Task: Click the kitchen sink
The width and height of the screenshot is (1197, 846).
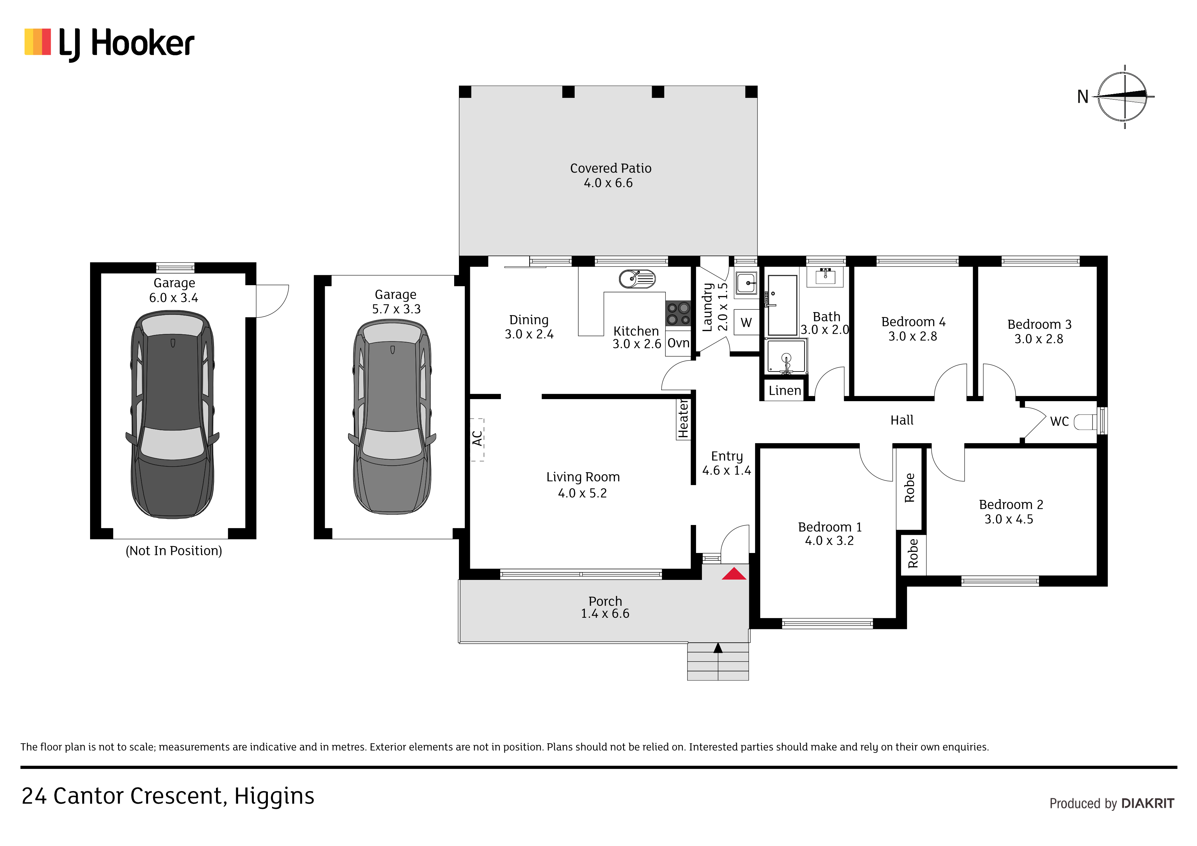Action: coord(637,278)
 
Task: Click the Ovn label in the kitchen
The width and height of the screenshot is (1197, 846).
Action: coord(678,343)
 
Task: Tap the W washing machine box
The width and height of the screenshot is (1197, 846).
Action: coord(746,322)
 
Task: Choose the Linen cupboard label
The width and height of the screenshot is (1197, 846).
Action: coord(784,390)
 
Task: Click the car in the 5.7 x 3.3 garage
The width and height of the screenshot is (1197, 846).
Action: coord(392,417)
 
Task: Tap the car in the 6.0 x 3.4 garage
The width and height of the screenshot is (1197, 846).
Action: coord(173,414)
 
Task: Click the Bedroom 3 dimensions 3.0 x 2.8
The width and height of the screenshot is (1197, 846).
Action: coord(1039,339)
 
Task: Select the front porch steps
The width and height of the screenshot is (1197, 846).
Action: coord(718,661)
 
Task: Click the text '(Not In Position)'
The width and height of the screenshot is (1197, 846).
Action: coord(174,551)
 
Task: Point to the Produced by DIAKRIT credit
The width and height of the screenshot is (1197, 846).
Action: coord(1111,803)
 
